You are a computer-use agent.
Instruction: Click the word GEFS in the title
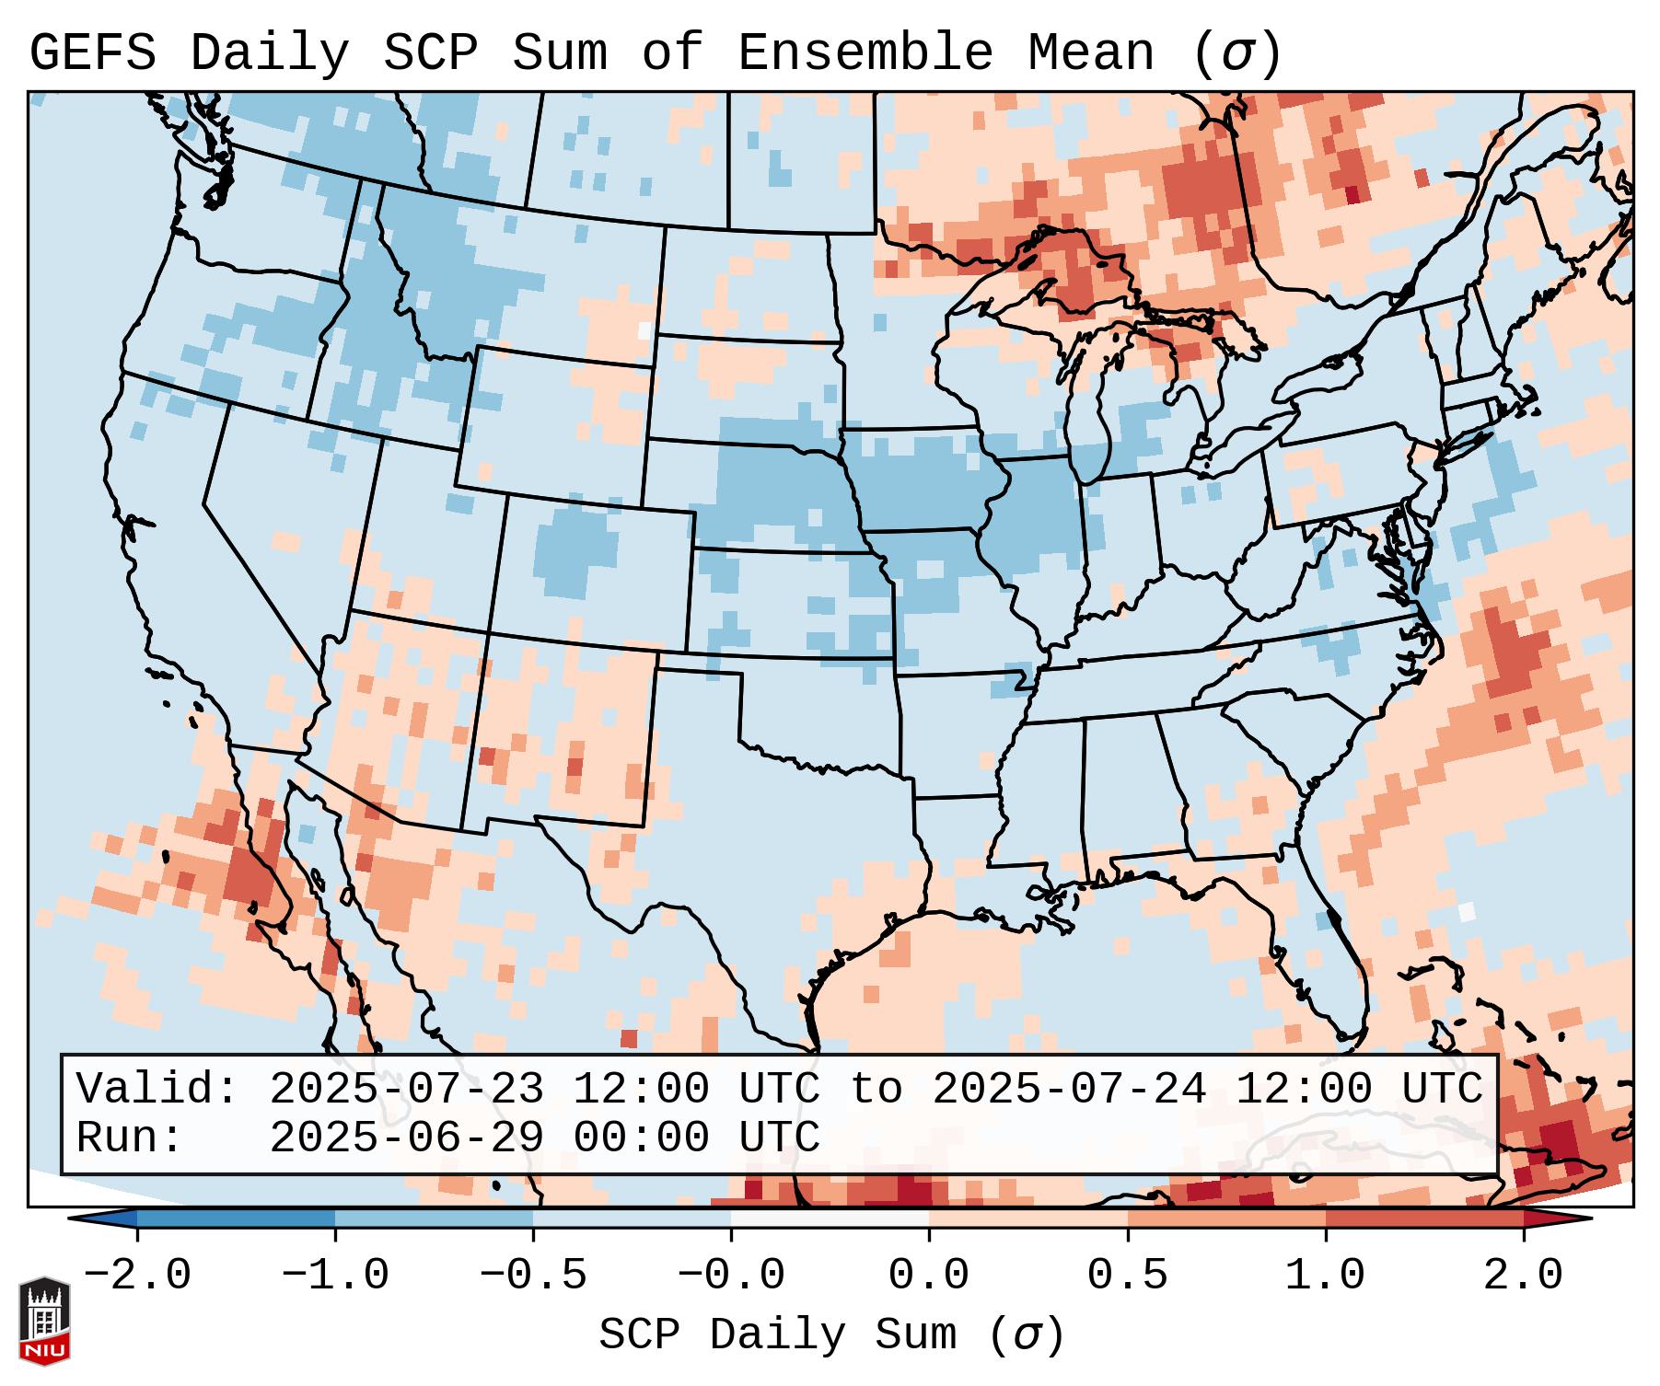[92, 52]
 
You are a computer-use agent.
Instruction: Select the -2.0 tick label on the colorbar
[137, 1276]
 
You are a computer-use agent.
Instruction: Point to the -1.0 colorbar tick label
[335, 1276]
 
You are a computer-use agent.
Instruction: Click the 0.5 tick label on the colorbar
[1128, 1276]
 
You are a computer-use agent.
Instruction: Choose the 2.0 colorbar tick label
[1524, 1276]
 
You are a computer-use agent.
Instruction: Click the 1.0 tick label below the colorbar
[1326, 1276]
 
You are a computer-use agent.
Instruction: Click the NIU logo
[44, 1321]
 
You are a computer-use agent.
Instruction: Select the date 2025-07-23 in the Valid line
[406, 1090]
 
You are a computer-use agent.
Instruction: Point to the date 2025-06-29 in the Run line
[406, 1138]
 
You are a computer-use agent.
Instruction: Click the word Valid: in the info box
[157, 1090]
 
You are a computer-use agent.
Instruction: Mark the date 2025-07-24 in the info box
[1069, 1090]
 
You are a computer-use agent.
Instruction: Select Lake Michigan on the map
[1092, 414]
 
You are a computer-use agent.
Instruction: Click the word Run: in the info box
[130, 1138]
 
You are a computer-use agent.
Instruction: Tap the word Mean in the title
[1091, 52]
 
